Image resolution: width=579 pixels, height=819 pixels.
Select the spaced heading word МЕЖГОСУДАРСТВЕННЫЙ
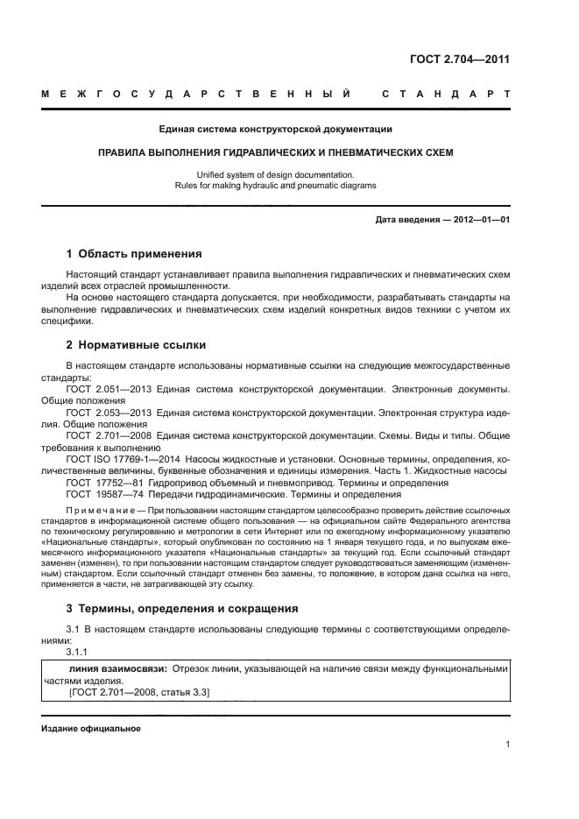(x=198, y=93)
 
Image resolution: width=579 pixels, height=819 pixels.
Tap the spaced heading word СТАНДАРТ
(x=446, y=93)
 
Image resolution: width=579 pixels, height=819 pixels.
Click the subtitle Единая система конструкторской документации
(x=275, y=130)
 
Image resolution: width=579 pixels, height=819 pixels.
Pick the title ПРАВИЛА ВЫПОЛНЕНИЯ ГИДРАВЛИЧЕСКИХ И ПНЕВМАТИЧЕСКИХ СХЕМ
(x=275, y=152)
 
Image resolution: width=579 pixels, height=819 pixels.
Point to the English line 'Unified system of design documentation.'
(x=275, y=174)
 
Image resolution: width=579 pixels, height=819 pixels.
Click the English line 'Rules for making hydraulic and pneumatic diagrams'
(x=275, y=186)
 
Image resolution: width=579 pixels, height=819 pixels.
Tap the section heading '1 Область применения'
(x=134, y=254)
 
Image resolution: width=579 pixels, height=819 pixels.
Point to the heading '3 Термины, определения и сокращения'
(x=182, y=608)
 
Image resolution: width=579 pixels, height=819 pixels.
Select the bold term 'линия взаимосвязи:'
(x=124, y=668)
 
